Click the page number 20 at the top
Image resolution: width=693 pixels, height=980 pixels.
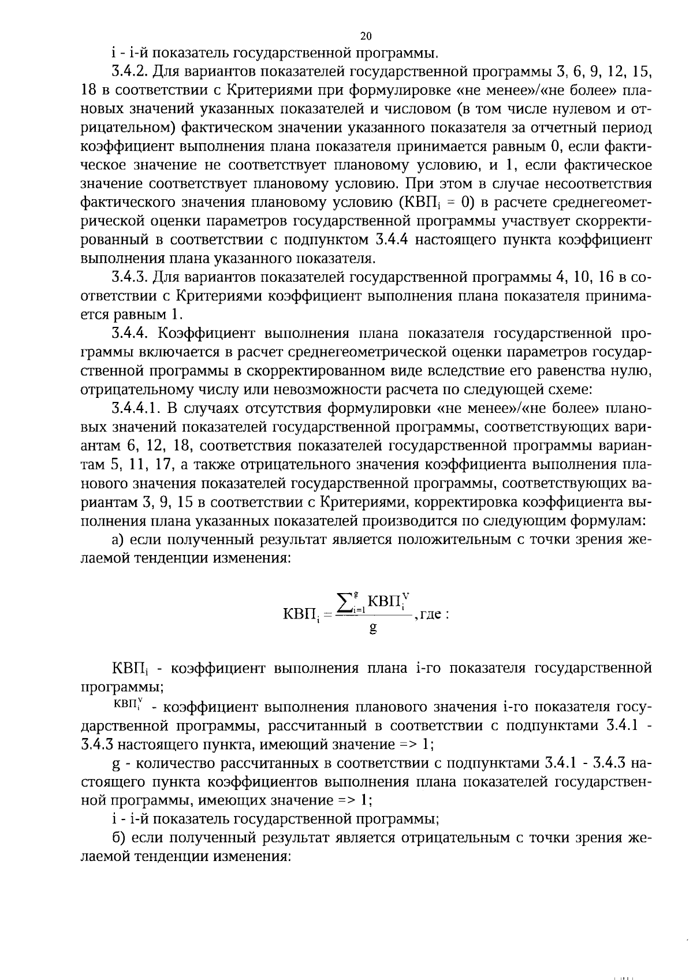[x=366, y=36]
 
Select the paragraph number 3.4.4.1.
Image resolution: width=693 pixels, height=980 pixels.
[x=137, y=408]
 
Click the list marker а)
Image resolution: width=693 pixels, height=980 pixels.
[x=118, y=539]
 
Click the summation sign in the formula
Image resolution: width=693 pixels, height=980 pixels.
[x=345, y=605]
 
